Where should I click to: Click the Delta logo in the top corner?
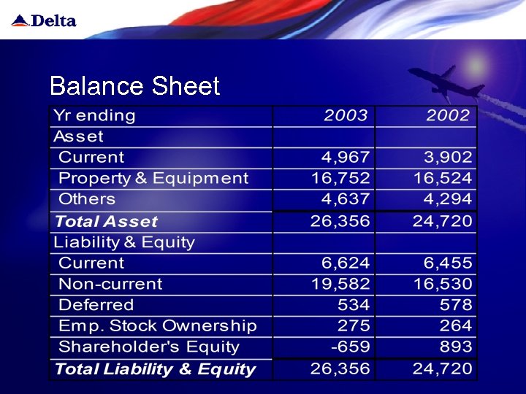coord(44,20)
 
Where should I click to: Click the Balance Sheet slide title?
coord(134,86)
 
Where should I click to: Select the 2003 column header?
coord(346,115)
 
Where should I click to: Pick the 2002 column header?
coord(449,115)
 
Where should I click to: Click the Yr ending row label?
coord(94,115)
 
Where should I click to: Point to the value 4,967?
coord(346,158)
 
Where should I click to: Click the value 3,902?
coord(449,158)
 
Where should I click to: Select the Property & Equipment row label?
coord(153,179)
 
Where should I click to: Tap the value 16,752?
coord(341,179)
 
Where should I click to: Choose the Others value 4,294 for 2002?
coord(449,199)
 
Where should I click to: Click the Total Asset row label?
coord(106,221)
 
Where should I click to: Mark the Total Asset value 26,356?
coord(340,221)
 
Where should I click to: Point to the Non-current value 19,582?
coord(341,284)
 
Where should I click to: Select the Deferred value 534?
coord(354,305)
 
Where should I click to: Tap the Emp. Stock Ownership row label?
coord(158,326)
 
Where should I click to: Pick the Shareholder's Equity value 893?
coord(456,347)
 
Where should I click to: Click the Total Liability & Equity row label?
coord(155,369)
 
